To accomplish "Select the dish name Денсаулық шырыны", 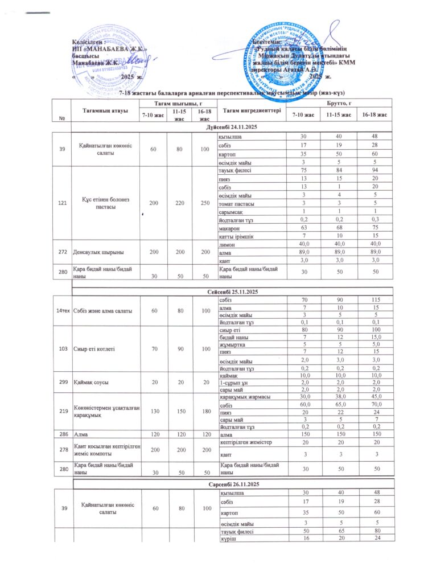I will pos(99,251).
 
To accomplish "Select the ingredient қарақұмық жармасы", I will pos(245,397).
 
